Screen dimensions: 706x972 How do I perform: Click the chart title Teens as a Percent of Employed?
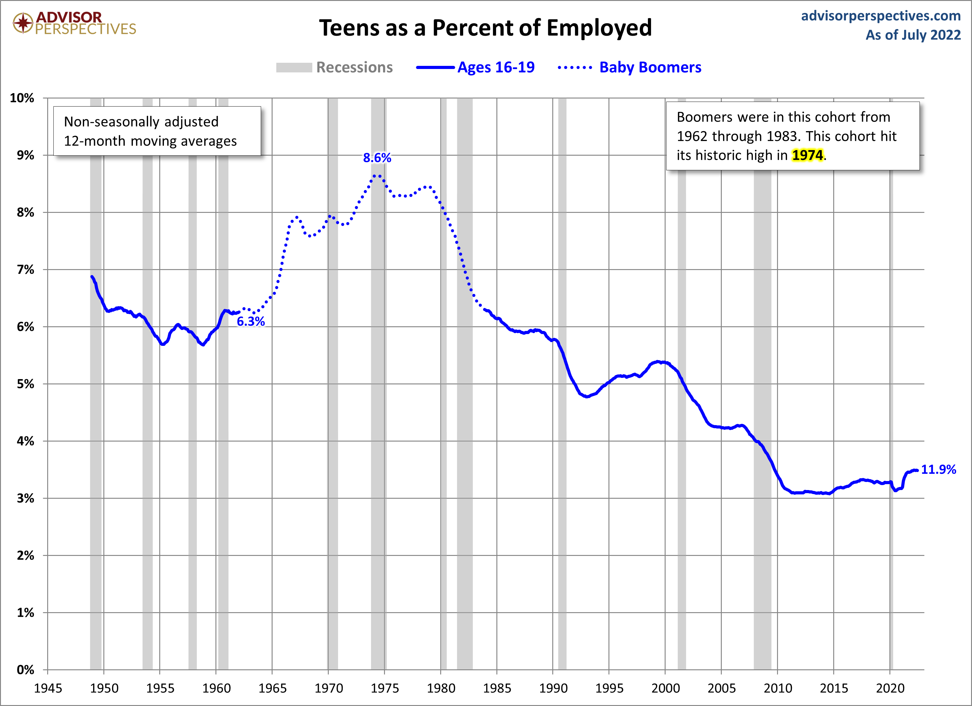point(485,28)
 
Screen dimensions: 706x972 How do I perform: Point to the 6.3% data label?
point(251,321)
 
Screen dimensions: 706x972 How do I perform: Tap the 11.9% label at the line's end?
point(938,469)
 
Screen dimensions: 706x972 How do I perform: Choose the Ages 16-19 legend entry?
point(496,67)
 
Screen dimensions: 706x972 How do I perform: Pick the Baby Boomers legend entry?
point(650,67)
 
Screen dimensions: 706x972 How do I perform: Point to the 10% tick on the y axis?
point(22,98)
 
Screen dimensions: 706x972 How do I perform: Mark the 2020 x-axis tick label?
point(890,688)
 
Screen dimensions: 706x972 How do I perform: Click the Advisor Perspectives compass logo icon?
point(23,22)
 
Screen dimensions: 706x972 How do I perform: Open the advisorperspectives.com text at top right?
point(881,16)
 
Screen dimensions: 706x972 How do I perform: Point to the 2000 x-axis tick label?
point(665,688)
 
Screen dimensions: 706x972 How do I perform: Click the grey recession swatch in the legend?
point(294,67)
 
